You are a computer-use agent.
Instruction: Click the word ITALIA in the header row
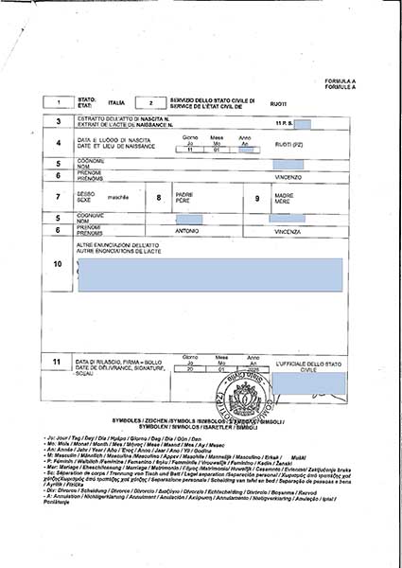[x=115, y=101]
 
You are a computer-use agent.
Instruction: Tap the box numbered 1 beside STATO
[x=59, y=101]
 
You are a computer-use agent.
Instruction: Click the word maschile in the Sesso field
[x=115, y=198]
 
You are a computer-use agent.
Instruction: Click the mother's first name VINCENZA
[x=288, y=230]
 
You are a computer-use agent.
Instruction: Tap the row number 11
[x=59, y=362]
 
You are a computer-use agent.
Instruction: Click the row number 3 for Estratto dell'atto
[x=59, y=121]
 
